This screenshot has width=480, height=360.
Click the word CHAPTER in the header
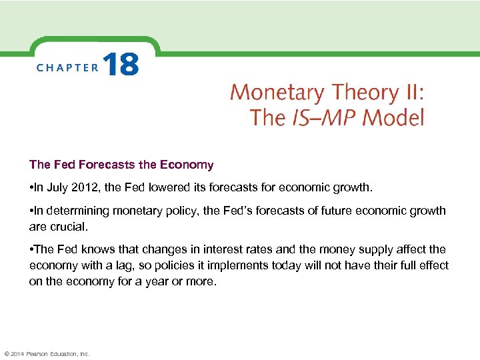[x=67, y=67]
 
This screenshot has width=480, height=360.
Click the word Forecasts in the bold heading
[x=95, y=164]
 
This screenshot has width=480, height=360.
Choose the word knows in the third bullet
[x=93, y=249]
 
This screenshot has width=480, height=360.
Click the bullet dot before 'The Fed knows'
[x=31, y=249]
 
